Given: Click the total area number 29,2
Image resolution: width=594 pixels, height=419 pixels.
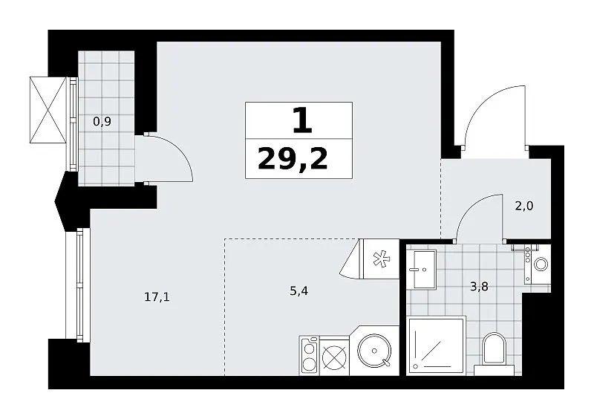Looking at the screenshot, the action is (293, 159).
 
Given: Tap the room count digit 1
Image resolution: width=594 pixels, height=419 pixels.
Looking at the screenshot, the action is (302, 120).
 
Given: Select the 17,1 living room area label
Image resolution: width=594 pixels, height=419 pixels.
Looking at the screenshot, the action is (157, 297).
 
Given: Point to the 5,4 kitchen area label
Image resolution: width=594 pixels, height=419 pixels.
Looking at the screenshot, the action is (299, 290).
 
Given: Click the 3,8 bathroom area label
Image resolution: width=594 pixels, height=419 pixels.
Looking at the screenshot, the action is (479, 287).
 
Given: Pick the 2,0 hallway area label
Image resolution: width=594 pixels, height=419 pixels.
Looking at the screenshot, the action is (524, 206).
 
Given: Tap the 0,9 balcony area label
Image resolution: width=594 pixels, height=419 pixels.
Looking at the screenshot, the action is (102, 122).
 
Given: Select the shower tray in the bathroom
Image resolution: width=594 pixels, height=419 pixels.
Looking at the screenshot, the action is (437, 345).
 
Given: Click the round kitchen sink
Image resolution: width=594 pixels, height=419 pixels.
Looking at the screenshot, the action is (374, 351).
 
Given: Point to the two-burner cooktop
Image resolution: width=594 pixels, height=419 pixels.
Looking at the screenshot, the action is (309, 356).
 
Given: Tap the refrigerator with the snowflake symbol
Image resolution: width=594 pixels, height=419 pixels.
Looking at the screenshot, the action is (381, 259).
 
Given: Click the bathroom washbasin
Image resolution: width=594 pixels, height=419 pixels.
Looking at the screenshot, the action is (424, 269).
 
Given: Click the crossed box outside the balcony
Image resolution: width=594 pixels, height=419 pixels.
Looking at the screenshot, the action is (48, 110).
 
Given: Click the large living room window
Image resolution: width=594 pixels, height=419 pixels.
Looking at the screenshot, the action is (78, 285).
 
